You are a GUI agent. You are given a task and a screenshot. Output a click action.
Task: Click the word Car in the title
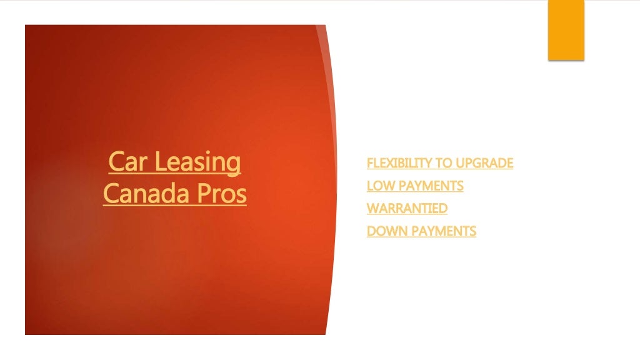[128, 162]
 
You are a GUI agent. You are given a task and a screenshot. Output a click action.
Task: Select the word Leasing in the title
[197, 162]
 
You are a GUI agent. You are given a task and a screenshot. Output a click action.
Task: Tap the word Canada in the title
[143, 194]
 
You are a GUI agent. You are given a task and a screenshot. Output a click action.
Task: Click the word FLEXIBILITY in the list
[399, 163]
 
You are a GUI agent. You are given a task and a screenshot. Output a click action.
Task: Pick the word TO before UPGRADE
[444, 163]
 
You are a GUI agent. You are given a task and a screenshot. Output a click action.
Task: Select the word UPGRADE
[484, 163]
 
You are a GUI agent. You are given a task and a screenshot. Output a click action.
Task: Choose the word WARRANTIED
[407, 208]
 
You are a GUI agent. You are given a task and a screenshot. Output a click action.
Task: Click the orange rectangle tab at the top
[566, 30]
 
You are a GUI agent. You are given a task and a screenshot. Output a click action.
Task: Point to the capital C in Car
[116, 162]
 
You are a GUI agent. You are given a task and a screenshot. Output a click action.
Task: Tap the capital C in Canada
[111, 194]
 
